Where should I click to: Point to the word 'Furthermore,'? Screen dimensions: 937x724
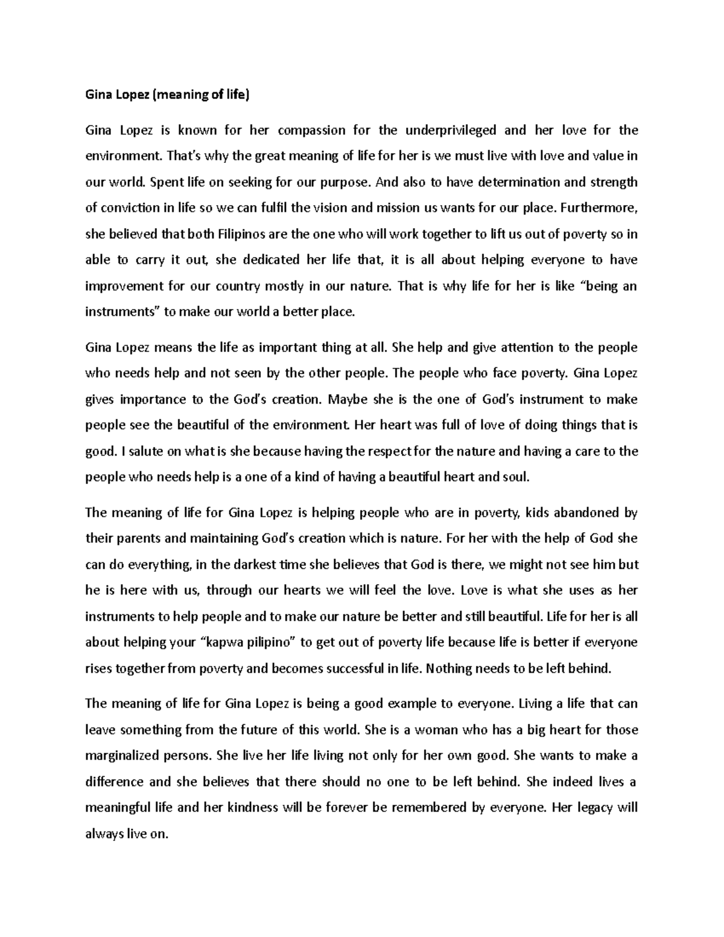[599, 208]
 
